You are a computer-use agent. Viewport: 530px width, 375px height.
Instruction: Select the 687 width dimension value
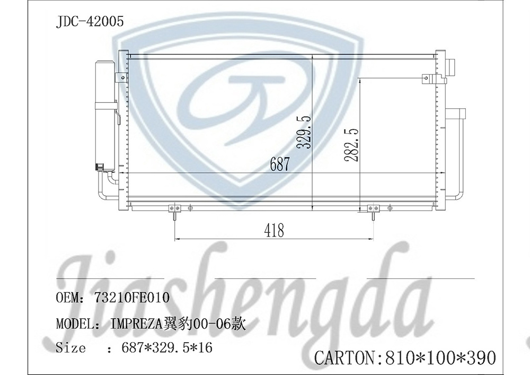[280, 164]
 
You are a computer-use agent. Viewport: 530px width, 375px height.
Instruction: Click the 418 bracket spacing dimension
[274, 230]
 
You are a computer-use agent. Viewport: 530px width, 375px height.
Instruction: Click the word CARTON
[345, 357]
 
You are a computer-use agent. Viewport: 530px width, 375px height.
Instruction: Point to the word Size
[70, 348]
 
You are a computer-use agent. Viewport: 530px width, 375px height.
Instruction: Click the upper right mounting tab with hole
[427, 80]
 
